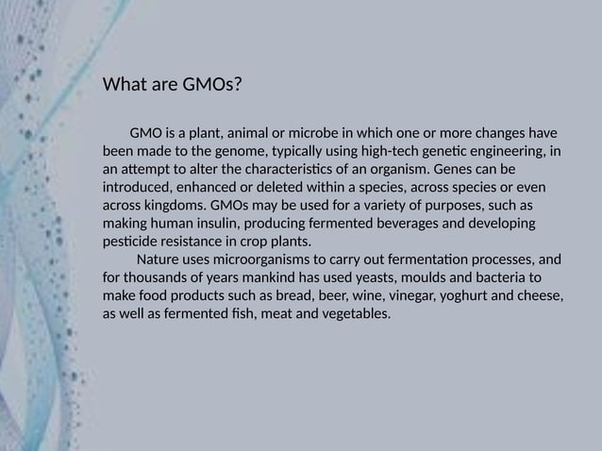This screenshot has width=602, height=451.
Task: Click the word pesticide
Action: pyautogui.click(x=131, y=241)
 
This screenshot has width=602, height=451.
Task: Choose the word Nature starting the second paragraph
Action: pyautogui.click(x=159, y=259)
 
